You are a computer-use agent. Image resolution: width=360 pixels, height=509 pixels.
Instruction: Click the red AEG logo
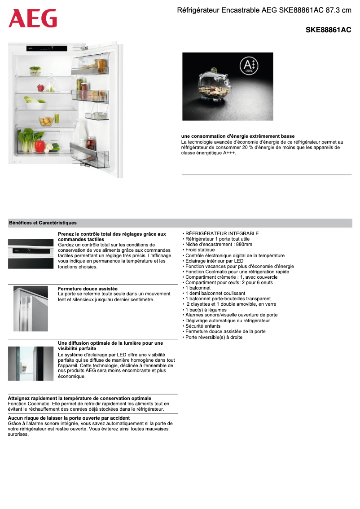click(x=33, y=18)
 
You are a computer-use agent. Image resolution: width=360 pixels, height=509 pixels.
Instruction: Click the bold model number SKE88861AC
click(x=328, y=30)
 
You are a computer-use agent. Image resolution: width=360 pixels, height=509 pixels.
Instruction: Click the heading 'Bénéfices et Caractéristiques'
click(x=43, y=223)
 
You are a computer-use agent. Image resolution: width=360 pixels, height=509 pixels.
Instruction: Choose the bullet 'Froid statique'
click(x=200, y=250)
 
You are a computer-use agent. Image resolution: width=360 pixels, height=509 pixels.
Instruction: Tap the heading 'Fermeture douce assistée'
click(x=88, y=289)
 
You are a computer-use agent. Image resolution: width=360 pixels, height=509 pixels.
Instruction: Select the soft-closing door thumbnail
click(x=31, y=308)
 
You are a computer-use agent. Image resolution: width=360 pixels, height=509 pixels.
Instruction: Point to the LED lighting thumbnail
click(x=31, y=364)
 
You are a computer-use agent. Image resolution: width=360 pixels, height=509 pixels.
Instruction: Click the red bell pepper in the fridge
click(x=40, y=146)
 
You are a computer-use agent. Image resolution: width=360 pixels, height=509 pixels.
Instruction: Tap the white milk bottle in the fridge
click(x=81, y=135)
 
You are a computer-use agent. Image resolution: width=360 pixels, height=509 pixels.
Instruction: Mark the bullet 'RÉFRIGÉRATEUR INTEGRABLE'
click(x=222, y=233)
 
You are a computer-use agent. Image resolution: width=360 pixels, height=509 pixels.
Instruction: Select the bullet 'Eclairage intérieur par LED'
click(x=214, y=261)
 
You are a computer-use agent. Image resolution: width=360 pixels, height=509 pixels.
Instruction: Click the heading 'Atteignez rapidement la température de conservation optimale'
click(x=79, y=398)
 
